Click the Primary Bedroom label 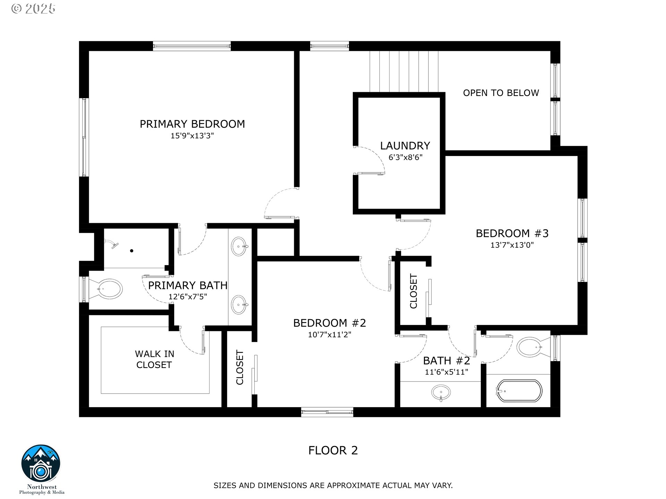(192, 124)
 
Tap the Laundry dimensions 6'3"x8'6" (405, 157)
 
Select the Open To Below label (501, 93)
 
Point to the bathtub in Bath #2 (519, 391)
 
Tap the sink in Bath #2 (441, 393)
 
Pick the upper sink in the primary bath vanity (239, 246)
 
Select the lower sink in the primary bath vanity (239, 305)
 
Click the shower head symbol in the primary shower (112, 244)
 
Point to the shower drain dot (132, 251)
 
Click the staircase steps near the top (404, 71)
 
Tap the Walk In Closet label (154, 359)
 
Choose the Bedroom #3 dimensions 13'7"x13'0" (512, 245)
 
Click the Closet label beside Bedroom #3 (413, 291)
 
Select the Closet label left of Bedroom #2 (240, 367)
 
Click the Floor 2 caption (333, 450)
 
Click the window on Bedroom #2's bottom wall (327, 412)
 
